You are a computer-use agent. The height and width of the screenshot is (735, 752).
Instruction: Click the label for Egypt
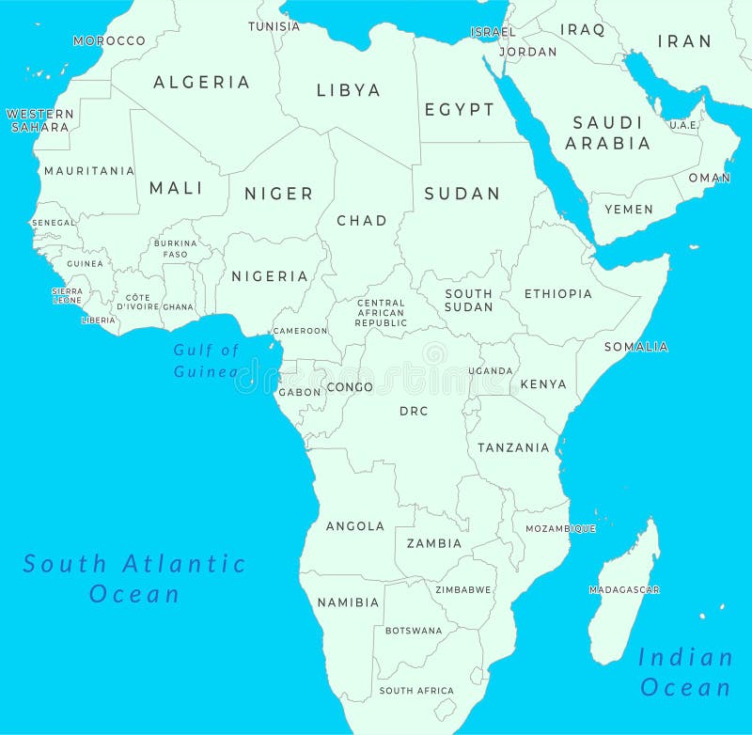tap(459, 109)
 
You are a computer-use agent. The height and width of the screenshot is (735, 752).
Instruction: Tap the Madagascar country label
tap(624, 590)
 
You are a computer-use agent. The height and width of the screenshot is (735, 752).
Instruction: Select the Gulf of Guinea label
tap(206, 360)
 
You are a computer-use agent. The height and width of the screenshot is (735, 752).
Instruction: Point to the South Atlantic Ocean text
tap(134, 578)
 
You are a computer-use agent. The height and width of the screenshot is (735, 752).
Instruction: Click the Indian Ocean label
tap(685, 672)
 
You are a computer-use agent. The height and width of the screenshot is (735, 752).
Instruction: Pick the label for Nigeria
tap(270, 276)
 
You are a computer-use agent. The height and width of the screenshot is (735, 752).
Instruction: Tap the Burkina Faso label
tap(176, 248)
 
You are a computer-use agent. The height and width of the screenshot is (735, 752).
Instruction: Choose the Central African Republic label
tap(381, 313)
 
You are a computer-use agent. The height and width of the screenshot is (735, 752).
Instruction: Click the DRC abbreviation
tap(414, 411)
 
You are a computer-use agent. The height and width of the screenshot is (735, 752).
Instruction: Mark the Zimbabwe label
tap(462, 590)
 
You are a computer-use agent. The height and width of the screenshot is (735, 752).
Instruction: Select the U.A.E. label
tap(682, 125)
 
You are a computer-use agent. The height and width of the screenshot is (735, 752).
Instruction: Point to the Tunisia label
tap(274, 26)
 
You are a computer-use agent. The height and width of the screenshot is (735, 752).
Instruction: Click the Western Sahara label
tap(39, 120)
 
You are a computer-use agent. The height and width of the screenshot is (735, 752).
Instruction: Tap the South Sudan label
tap(469, 300)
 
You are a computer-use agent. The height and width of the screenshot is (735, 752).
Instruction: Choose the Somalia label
tap(635, 347)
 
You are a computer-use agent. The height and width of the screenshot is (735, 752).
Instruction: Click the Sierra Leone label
tap(67, 295)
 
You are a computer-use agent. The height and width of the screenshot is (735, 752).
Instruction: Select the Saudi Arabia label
tap(607, 133)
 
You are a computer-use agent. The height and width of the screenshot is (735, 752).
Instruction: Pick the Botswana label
tap(414, 631)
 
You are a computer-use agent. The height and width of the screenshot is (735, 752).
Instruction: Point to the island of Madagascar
tap(620, 611)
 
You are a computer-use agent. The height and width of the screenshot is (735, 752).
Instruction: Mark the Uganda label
tap(496, 371)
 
